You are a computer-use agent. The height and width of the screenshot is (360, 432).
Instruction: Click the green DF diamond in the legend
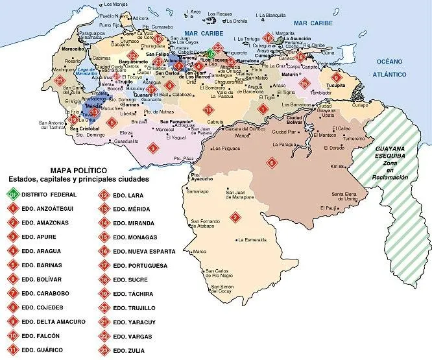[x=12, y=194]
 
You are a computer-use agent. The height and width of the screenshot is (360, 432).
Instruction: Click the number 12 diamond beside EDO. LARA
[x=103, y=194]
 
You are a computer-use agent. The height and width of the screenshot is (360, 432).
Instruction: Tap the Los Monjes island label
[x=116, y=5]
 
